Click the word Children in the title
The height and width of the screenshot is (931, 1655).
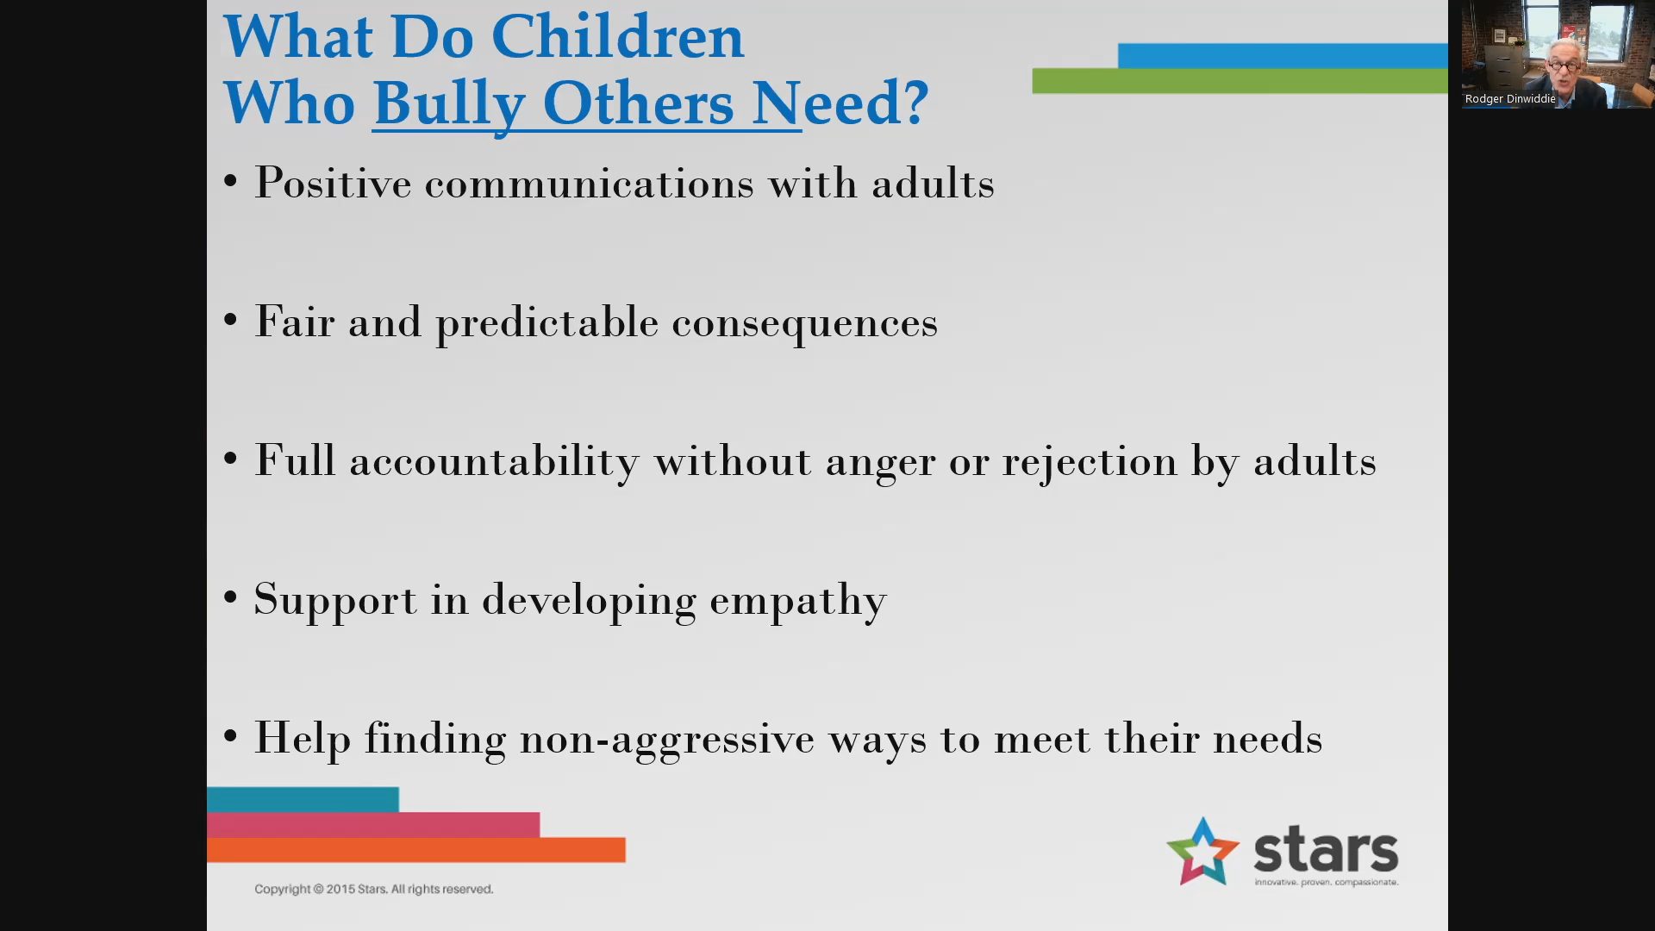click(617, 37)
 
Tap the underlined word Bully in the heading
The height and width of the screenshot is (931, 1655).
click(449, 104)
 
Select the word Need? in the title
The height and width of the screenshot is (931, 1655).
click(840, 103)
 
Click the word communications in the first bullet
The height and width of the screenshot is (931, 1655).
click(589, 184)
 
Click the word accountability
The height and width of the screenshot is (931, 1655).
click(494, 462)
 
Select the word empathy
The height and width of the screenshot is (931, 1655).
click(797, 601)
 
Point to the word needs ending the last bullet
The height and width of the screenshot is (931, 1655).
click(1267, 740)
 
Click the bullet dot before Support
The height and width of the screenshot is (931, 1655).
click(230, 597)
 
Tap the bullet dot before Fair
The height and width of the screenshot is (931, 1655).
click(230, 320)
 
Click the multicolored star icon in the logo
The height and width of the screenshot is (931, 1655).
click(1202, 852)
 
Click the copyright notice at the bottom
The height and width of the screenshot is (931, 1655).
click(373, 889)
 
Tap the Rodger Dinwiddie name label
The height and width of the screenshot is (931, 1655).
click(1510, 99)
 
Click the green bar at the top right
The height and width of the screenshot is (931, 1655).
click(1240, 81)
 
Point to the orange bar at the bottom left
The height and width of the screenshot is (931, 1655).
click(415, 850)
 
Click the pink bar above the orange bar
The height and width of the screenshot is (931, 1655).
click(373, 825)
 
